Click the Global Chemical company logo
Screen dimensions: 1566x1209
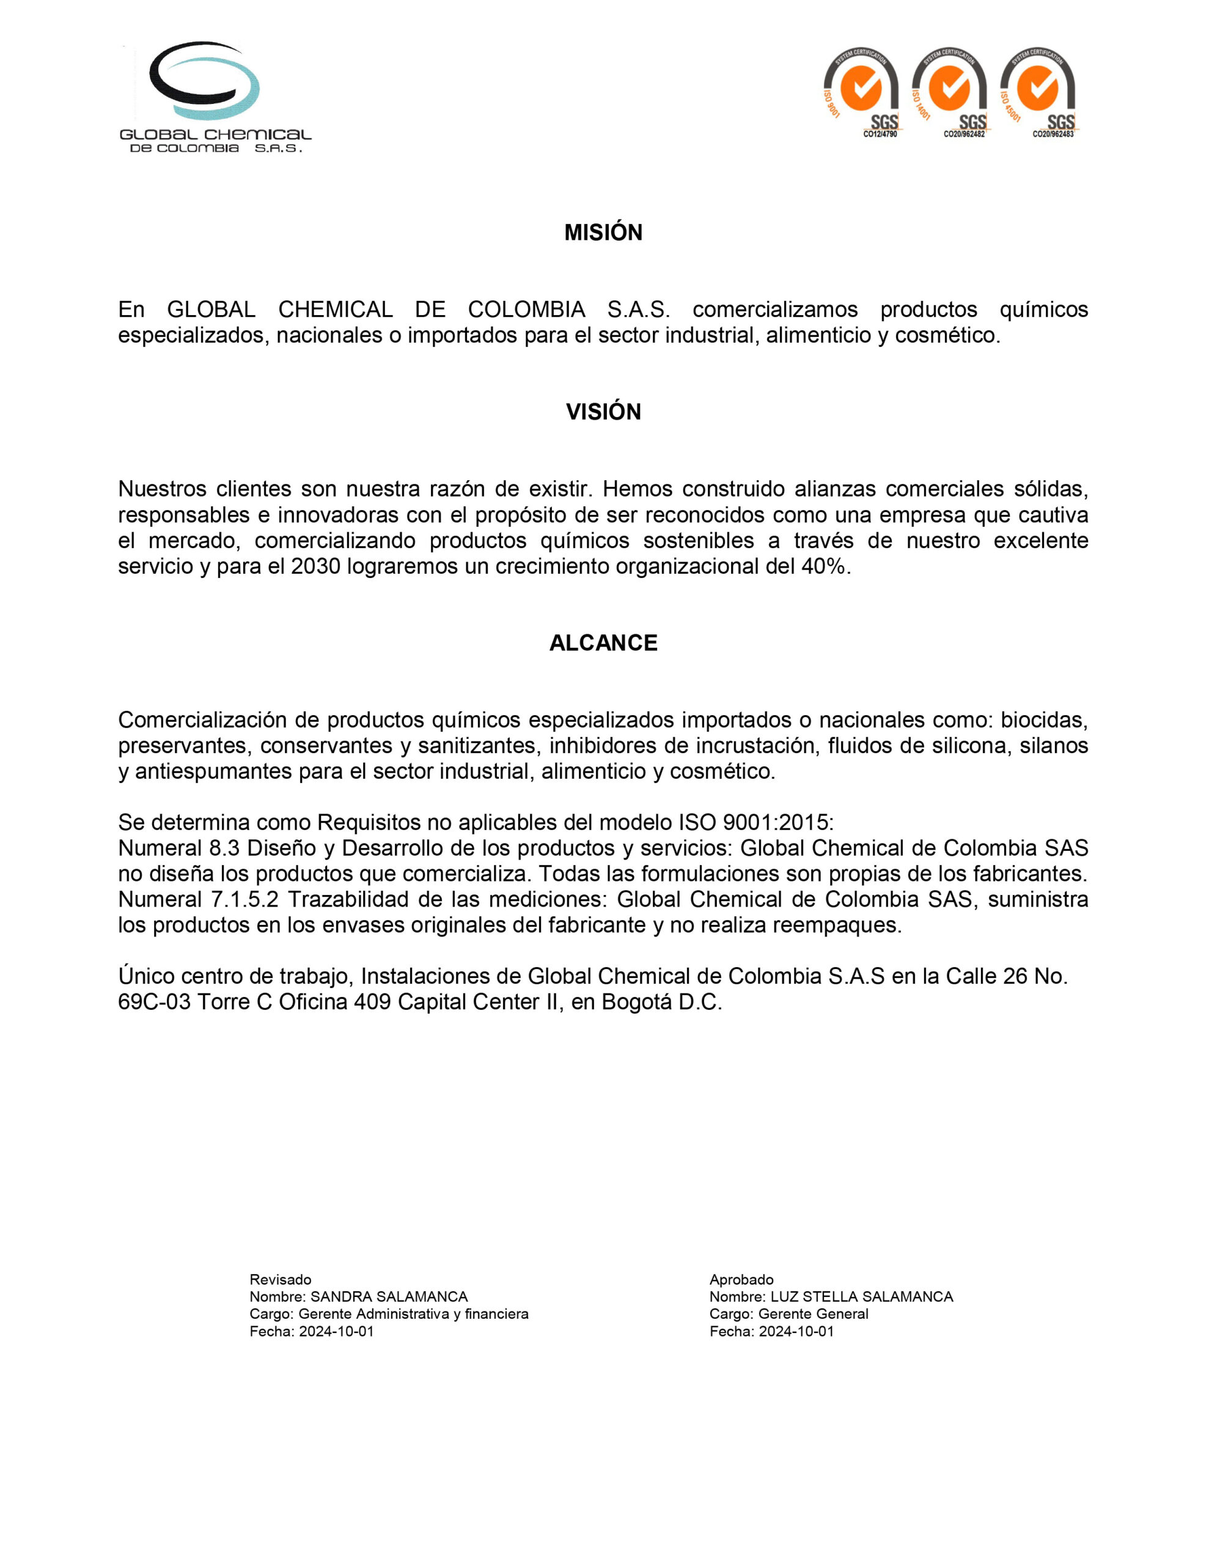215,97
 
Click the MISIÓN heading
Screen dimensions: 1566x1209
603,232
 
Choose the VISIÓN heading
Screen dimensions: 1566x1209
603,412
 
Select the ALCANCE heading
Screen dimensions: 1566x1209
603,642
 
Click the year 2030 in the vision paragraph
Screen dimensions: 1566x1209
315,566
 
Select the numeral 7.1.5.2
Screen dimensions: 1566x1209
244,899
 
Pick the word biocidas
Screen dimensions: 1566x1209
1044,719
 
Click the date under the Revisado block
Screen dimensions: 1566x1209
336,1331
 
